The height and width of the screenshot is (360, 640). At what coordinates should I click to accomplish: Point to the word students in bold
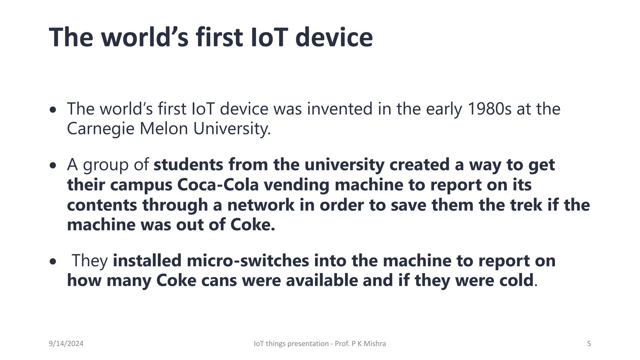point(188,165)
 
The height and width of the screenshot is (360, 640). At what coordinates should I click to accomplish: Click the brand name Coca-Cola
point(218,185)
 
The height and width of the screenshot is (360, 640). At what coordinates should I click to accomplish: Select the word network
point(261,205)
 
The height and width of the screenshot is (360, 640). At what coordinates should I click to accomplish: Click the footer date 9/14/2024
point(66,344)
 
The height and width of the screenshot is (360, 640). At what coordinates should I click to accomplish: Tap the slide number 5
point(589,344)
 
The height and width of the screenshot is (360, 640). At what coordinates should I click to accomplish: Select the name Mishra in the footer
point(375,344)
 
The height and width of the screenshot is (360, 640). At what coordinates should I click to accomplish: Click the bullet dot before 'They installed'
point(53,262)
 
